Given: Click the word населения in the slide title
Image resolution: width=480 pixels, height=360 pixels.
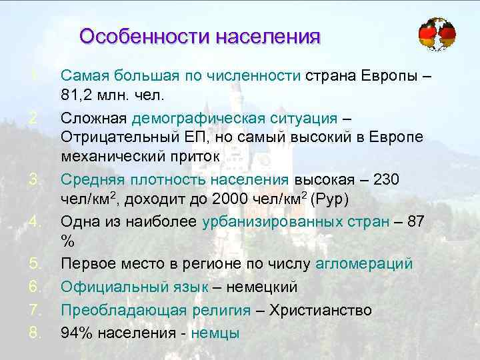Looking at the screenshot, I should pos(267,35).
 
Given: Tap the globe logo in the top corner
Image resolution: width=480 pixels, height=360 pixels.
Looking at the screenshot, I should pos(437,33).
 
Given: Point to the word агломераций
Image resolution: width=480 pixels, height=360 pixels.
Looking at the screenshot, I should pos(373,265).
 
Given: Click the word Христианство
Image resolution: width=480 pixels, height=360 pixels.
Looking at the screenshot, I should pos(319,310).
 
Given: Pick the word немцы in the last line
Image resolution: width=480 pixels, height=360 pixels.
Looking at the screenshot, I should pos(215,333).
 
